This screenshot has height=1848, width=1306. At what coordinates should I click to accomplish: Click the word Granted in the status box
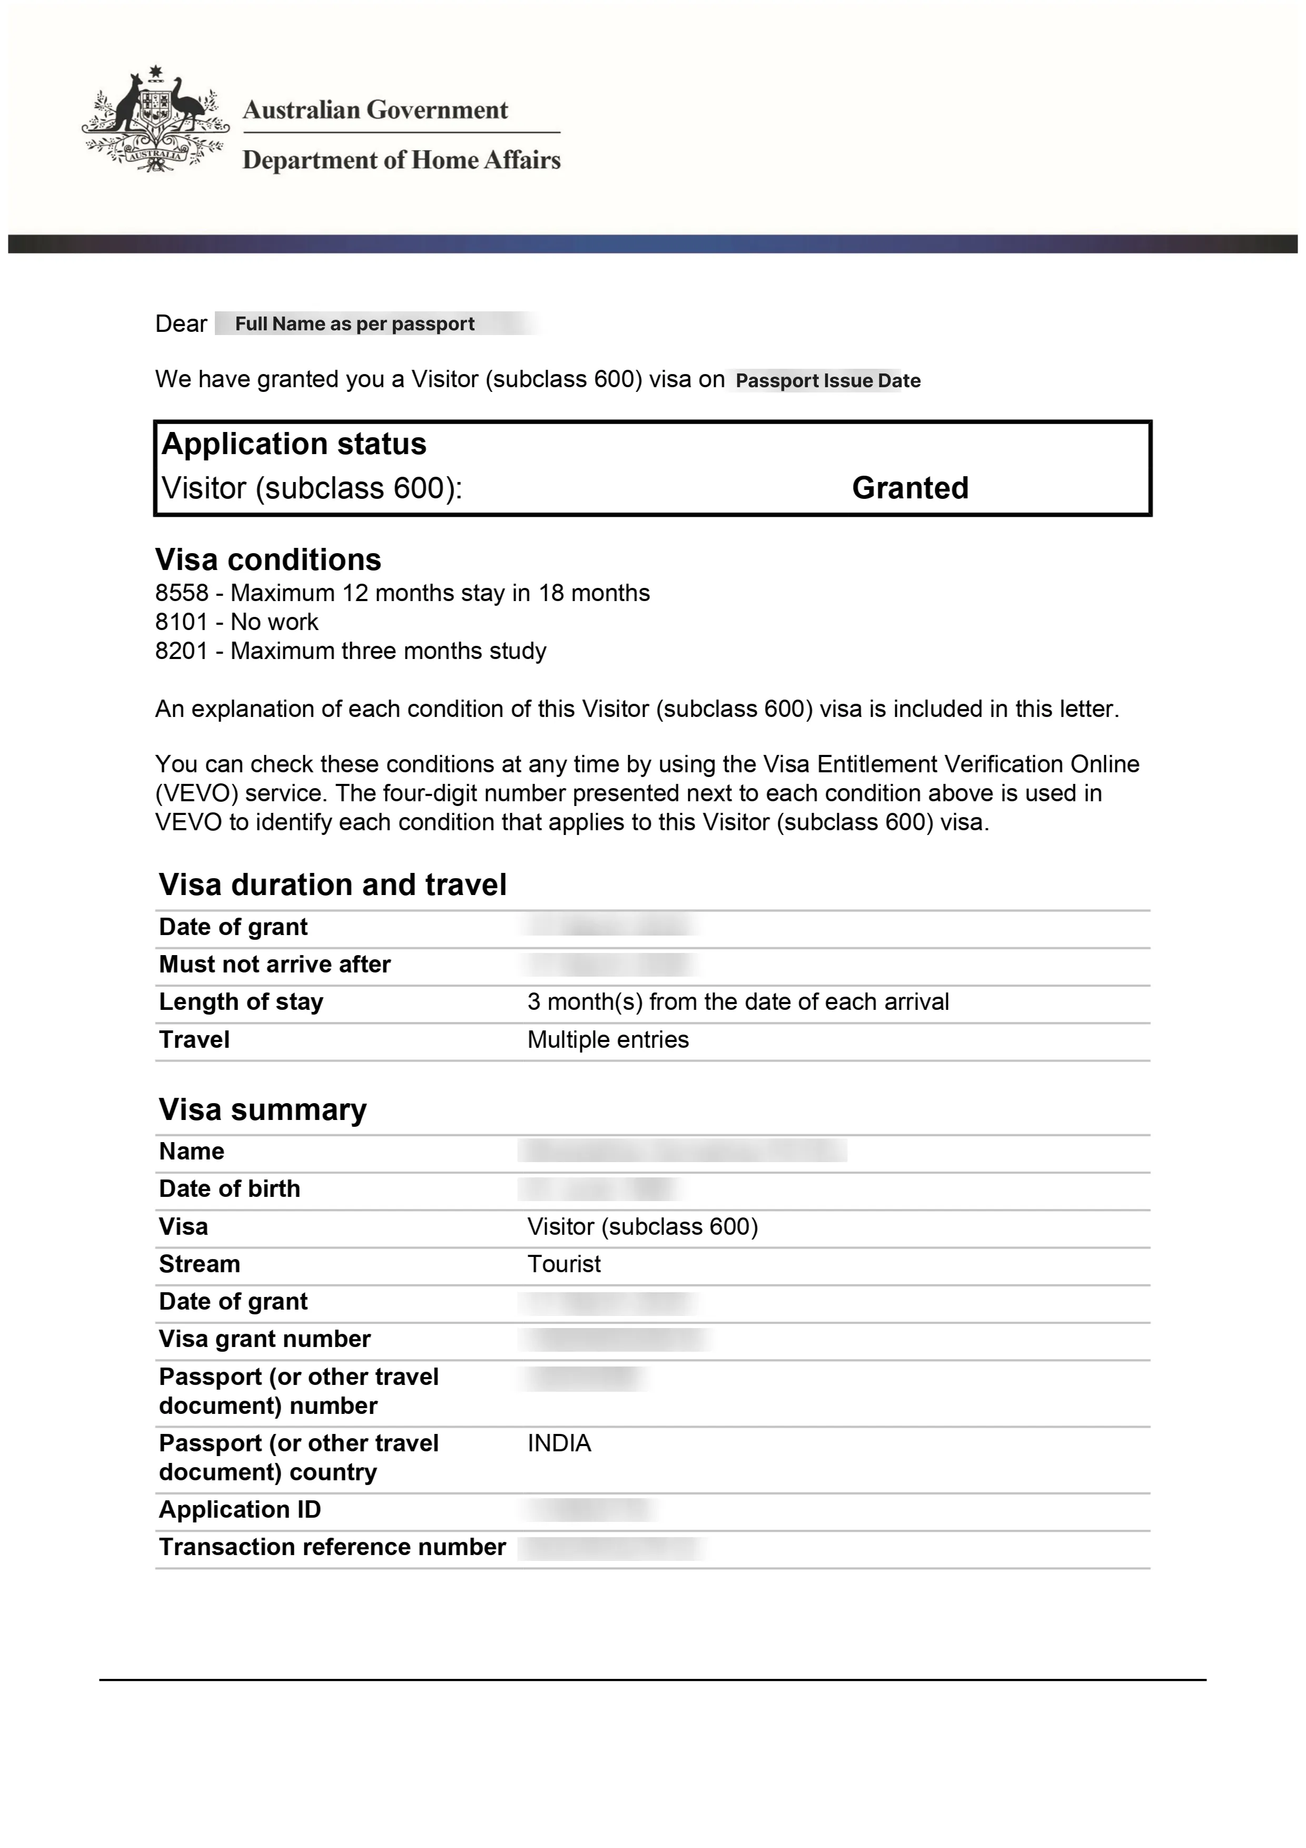pos(909,488)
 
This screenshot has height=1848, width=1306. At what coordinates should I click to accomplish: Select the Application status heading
pos(294,444)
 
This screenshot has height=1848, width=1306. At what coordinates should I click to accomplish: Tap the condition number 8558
pos(182,593)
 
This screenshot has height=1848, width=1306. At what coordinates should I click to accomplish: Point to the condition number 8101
pos(182,622)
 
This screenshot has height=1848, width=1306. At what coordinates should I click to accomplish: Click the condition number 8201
pos(182,651)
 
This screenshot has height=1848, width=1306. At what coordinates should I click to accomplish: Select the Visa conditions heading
pos(268,559)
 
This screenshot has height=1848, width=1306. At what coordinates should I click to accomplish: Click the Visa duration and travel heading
pos(332,884)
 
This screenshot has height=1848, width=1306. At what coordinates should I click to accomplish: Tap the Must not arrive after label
pos(274,964)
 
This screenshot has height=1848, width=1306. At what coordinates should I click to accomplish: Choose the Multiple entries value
pos(608,1040)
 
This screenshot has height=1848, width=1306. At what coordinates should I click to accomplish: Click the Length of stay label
pos(241,1002)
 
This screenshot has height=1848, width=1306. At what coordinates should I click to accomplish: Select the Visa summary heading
pos(262,1110)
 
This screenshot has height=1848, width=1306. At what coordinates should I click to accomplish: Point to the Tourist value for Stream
pos(563,1264)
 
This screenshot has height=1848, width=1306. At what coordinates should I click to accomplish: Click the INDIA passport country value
pos(558,1443)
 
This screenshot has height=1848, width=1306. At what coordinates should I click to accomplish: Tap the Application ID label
pos(240,1510)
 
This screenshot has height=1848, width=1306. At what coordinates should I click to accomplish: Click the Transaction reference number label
pos(332,1547)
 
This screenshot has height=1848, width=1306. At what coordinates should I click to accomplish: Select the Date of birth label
pos(229,1189)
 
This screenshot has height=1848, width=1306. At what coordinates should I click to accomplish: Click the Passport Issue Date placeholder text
pos(827,381)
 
